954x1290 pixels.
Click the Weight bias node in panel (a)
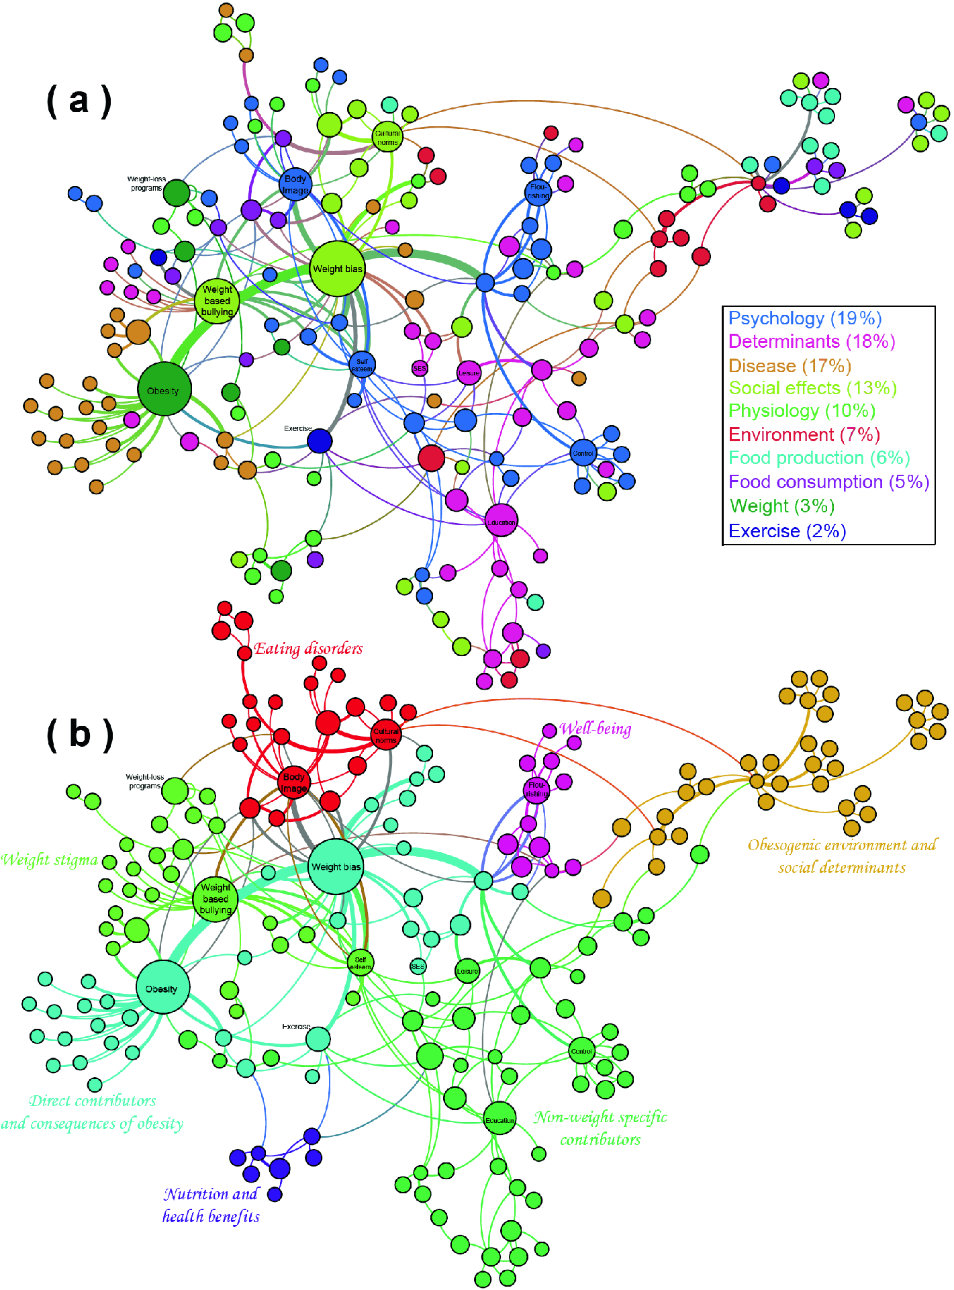337,269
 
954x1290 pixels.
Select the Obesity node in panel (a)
164,390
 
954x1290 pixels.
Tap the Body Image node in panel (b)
294,782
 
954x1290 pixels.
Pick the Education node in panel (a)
501,521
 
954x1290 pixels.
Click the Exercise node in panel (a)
320,441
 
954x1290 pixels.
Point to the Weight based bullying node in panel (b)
216,899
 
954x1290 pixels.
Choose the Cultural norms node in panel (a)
387,137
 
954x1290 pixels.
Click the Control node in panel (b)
581,1051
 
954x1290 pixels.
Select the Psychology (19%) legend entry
804,318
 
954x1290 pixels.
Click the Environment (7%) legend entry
804,434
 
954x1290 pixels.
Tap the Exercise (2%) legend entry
787,531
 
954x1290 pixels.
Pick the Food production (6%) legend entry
819,458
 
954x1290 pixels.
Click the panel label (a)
79,101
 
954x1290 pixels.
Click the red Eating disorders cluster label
308,649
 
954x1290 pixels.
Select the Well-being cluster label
595,729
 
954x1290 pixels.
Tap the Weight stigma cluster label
49,860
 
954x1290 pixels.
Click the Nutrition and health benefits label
211,1205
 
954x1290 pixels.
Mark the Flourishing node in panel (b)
536,789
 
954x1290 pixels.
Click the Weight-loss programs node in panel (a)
177,193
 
